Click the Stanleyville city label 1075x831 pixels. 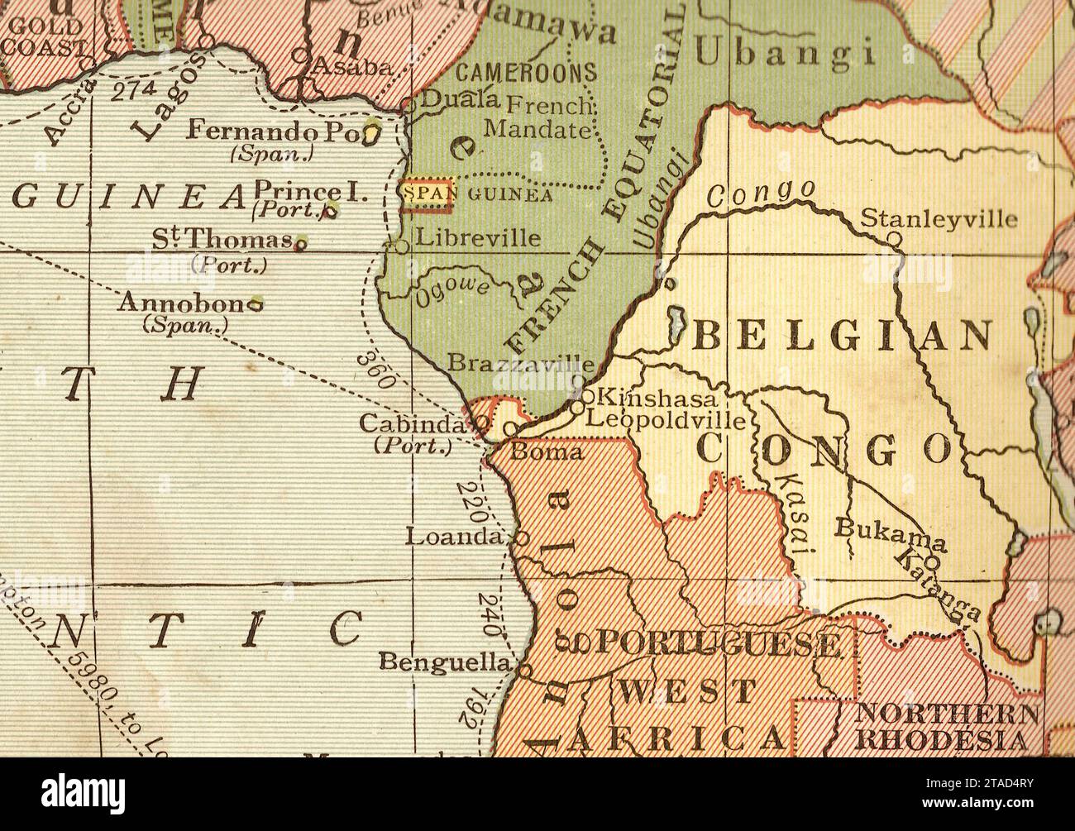click(939, 219)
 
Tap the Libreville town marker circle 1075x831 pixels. click(402, 246)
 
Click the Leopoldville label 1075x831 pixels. click(666, 418)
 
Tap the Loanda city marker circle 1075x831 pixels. click(522, 537)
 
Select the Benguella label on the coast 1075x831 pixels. click(445, 661)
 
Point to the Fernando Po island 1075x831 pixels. click(373, 132)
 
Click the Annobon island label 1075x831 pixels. click(184, 303)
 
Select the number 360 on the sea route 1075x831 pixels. click(377, 370)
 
